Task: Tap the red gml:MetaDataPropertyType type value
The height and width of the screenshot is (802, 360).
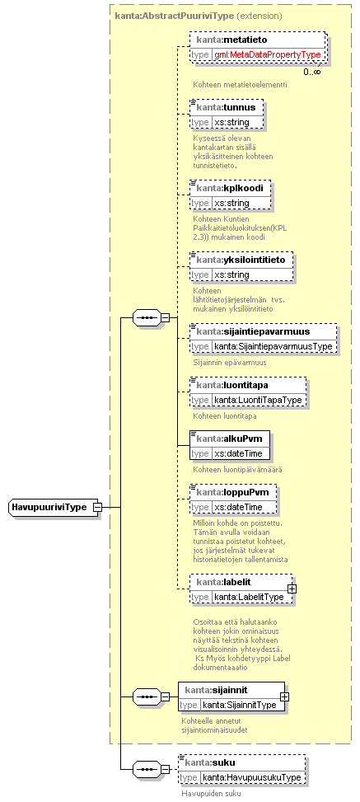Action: click(268, 54)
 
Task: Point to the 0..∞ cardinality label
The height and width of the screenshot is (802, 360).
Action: click(312, 72)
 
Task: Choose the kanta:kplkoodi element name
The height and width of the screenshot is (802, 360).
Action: click(230, 188)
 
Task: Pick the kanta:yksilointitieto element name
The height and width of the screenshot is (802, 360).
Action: click(241, 260)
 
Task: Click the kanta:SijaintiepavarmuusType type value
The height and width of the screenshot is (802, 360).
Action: click(274, 347)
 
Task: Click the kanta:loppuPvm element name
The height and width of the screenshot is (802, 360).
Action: click(231, 492)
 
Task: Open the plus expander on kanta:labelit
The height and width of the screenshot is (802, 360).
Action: click(292, 589)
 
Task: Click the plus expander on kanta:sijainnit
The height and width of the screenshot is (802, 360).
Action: click(284, 696)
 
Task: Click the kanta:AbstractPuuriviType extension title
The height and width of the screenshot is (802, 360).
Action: click(199, 16)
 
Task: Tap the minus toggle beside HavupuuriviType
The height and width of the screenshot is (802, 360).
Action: click(97, 508)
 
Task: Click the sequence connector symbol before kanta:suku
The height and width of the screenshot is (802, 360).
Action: click(147, 769)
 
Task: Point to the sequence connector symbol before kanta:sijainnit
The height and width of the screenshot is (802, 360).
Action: click(147, 696)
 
